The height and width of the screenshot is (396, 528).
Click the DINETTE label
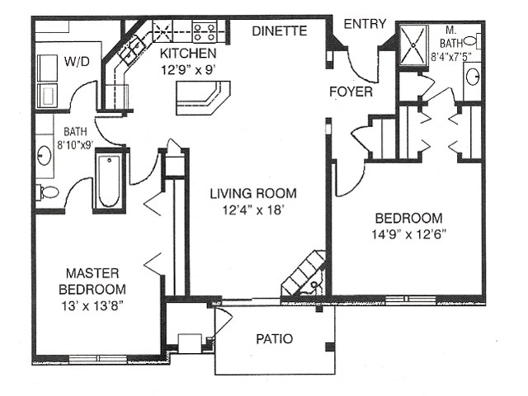(280, 31)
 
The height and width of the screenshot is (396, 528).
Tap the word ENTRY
(365, 24)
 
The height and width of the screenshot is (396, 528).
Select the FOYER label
(351, 92)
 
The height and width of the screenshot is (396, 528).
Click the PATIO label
(275, 339)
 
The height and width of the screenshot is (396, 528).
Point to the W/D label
(77, 62)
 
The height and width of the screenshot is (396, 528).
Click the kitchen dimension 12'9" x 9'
(188, 70)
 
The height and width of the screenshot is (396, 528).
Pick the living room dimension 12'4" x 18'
(252, 210)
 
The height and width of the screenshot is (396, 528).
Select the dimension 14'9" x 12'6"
(409, 234)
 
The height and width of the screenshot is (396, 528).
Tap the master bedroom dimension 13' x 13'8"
(92, 306)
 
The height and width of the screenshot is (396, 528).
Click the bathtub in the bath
(109, 181)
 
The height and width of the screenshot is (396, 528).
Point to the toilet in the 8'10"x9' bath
(47, 192)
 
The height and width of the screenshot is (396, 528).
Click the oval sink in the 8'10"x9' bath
(44, 156)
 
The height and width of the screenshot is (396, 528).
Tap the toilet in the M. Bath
(472, 41)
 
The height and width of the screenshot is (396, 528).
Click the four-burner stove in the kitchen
(204, 31)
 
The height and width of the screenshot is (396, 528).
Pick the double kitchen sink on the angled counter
(131, 49)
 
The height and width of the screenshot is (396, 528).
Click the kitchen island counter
(203, 97)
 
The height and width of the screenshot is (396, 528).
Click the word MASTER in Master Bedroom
(92, 273)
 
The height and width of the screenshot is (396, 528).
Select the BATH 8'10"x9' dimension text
(75, 139)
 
